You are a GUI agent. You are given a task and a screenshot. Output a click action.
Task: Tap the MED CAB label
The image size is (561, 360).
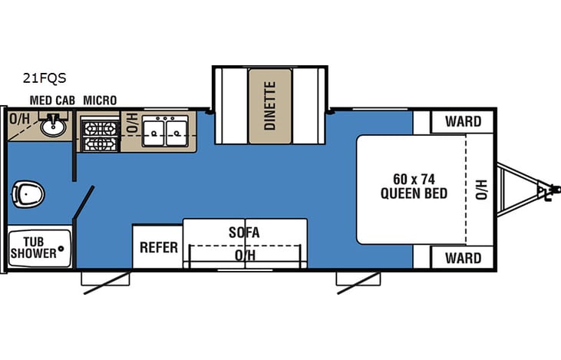(51, 101)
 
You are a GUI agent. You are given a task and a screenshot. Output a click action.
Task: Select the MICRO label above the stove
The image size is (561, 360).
(100, 101)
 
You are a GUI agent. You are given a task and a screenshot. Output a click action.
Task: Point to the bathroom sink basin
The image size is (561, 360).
(53, 127)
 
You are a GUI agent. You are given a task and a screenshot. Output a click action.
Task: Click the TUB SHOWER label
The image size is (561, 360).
(33, 247)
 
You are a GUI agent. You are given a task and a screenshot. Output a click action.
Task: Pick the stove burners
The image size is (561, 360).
(101, 134)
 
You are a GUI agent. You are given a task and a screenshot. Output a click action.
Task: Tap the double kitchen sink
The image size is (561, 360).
(166, 131)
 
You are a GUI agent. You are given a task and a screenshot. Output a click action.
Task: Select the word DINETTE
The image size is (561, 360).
(269, 106)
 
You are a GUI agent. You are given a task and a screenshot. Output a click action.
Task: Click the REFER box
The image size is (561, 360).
(158, 247)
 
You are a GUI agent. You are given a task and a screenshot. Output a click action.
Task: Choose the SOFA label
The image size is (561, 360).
(244, 232)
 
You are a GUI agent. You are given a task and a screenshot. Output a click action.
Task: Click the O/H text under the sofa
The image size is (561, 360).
(245, 255)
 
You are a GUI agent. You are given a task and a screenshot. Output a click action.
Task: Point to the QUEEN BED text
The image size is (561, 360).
(414, 193)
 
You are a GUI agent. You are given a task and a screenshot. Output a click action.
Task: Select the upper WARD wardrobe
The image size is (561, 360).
(463, 121)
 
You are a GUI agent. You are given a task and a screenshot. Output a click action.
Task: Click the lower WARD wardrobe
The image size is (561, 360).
(463, 257)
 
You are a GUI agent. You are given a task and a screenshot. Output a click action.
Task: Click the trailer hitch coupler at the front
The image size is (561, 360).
(546, 189)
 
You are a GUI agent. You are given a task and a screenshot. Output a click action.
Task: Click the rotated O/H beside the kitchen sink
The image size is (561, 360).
(131, 123)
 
